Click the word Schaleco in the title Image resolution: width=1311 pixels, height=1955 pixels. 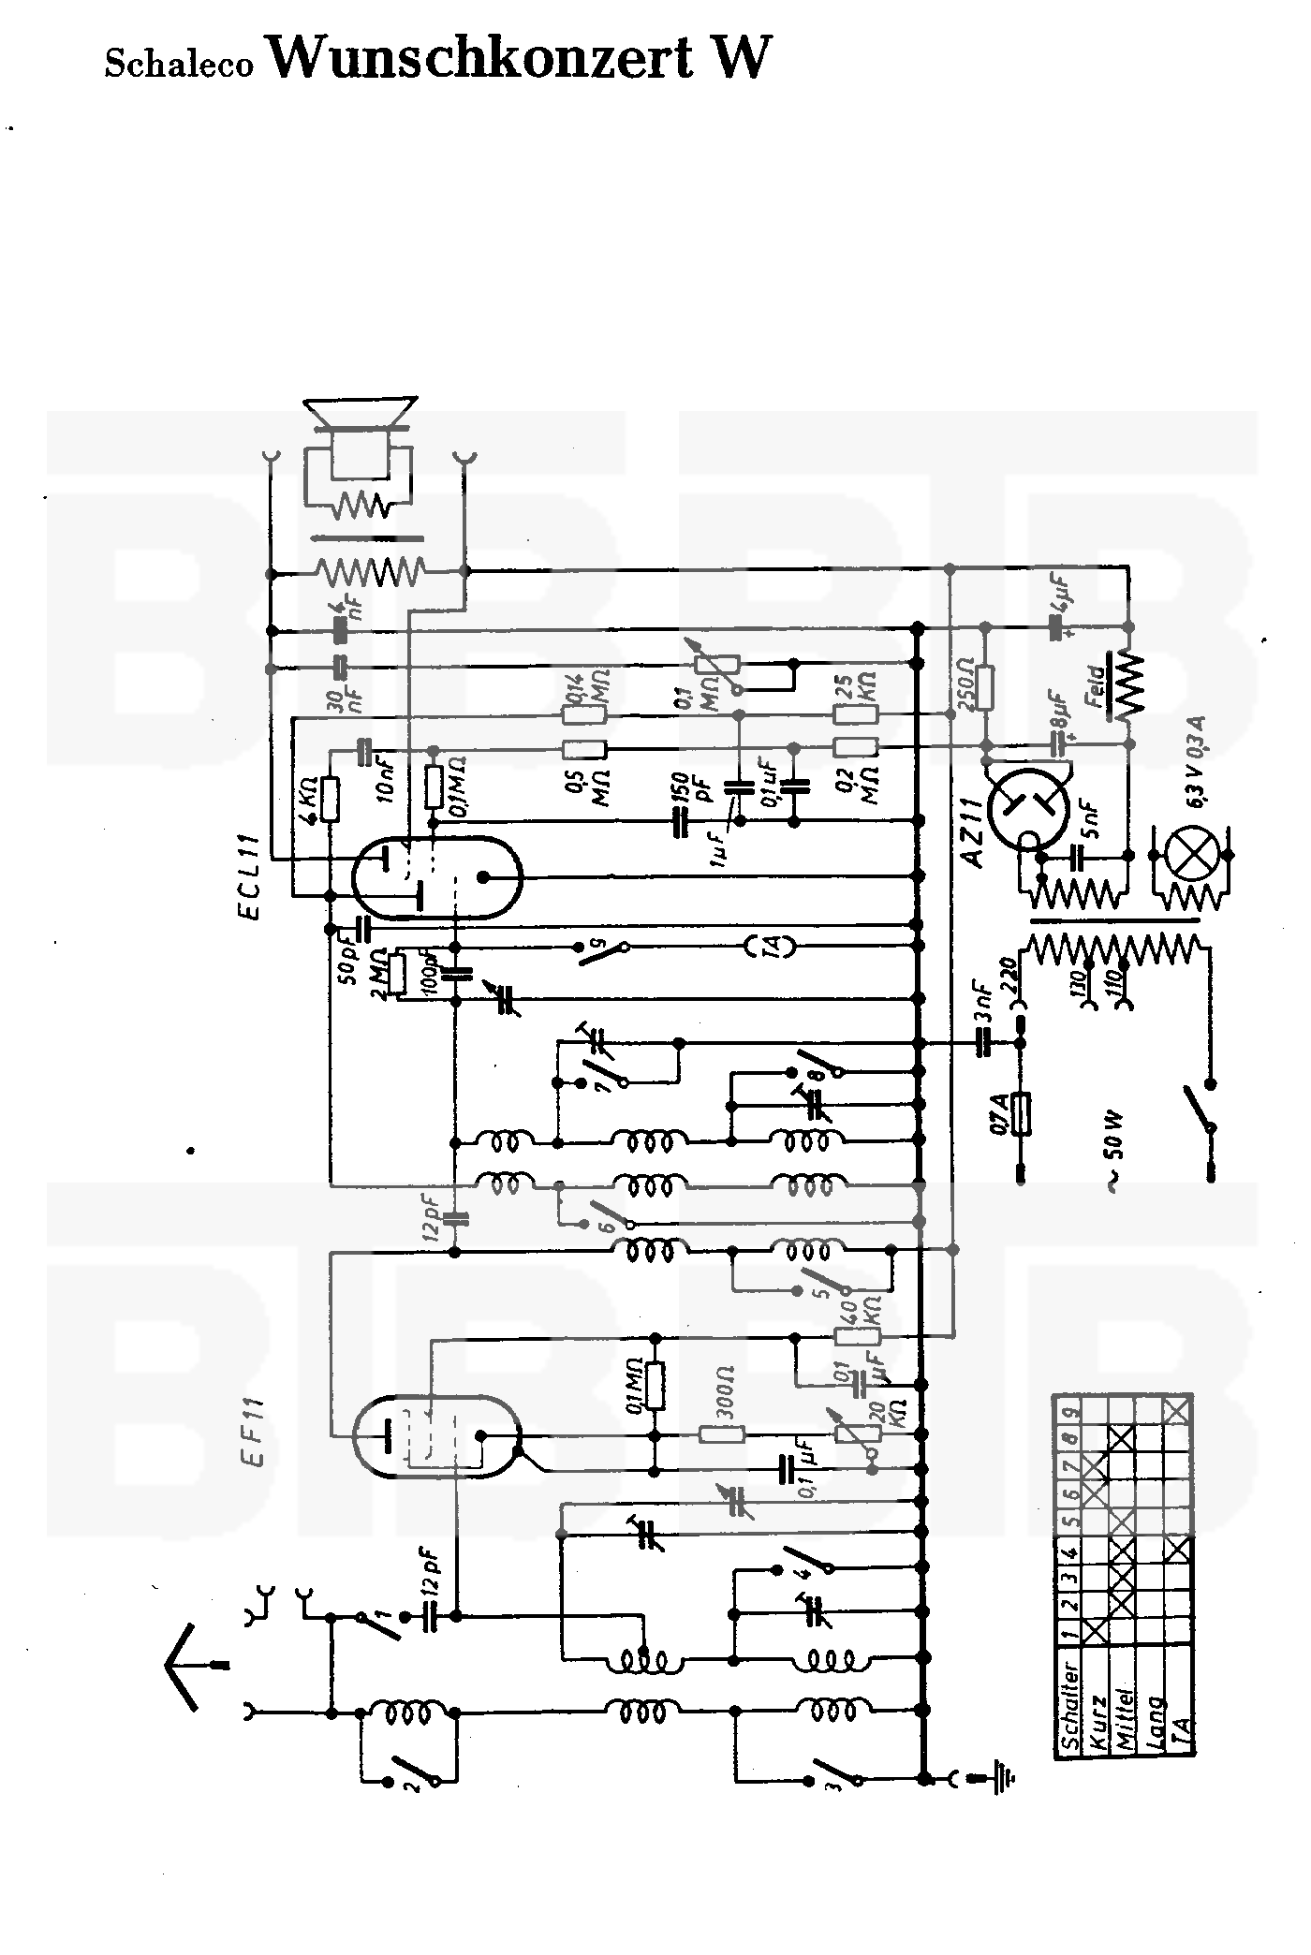tap(179, 65)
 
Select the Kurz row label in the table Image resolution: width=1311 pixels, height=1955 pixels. tap(1098, 1718)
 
